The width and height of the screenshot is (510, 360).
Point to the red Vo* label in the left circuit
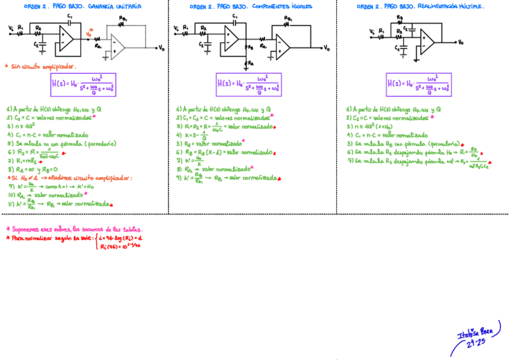[90, 35]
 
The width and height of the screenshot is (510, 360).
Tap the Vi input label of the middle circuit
[176, 28]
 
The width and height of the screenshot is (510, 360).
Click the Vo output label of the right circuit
[461, 43]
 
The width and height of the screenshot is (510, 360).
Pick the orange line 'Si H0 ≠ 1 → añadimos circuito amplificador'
[69, 178]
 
